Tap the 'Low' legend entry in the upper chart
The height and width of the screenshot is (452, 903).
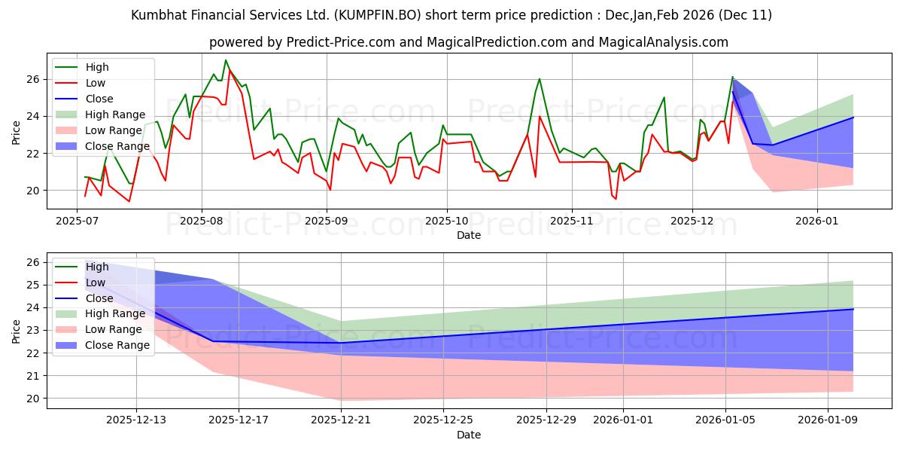click(x=96, y=83)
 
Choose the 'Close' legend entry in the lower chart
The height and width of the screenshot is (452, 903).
click(x=99, y=298)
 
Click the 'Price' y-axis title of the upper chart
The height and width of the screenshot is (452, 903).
click(x=17, y=132)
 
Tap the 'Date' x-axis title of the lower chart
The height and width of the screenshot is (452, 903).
click(x=468, y=435)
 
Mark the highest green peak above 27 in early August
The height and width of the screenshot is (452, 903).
click(x=226, y=60)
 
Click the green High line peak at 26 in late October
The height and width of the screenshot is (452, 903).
click(x=540, y=79)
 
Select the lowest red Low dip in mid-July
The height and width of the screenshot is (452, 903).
click(x=129, y=201)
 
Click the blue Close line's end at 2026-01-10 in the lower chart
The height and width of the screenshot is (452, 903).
click(x=853, y=309)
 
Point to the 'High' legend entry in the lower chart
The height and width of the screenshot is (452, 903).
click(x=97, y=266)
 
